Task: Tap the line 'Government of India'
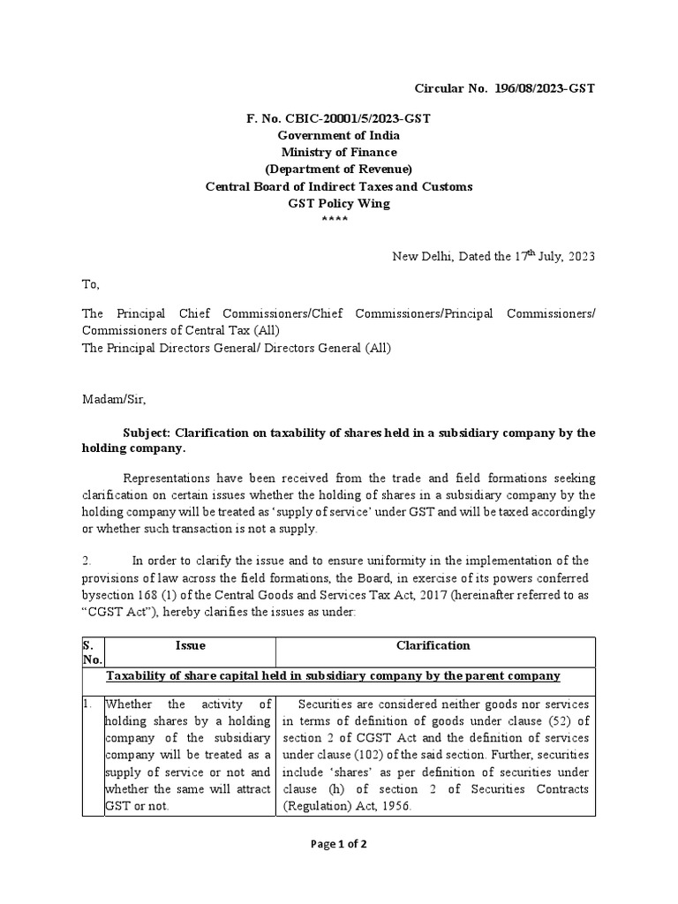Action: click(x=339, y=135)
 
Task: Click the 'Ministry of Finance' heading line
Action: click(x=339, y=152)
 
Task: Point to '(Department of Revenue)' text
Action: click(x=339, y=169)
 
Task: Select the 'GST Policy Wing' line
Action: click(x=339, y=203)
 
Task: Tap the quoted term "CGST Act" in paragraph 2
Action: click(x=112, y=612)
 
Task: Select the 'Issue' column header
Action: click(x=190, y=645)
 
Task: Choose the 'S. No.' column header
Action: click(x=93, y=652)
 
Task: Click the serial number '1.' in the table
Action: click(x=88, y=704)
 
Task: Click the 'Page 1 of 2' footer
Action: click(x=339, y=844)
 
